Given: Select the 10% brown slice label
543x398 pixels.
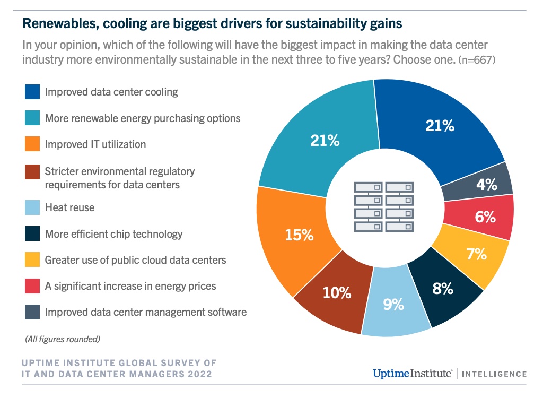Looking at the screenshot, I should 338,292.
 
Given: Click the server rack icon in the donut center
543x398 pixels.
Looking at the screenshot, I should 384,207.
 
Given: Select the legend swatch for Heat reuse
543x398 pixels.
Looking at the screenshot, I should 32,207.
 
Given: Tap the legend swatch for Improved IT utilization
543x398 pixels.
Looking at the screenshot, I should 32,144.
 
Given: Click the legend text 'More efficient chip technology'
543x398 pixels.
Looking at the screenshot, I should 113,234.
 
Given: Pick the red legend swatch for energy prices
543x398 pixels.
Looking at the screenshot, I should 32,286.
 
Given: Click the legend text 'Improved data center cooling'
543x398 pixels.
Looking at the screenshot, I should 111,92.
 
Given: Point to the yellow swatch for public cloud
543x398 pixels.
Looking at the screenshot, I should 32,260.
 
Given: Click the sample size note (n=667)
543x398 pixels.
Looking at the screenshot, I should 477,60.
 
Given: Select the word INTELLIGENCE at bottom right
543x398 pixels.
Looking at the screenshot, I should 494,374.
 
